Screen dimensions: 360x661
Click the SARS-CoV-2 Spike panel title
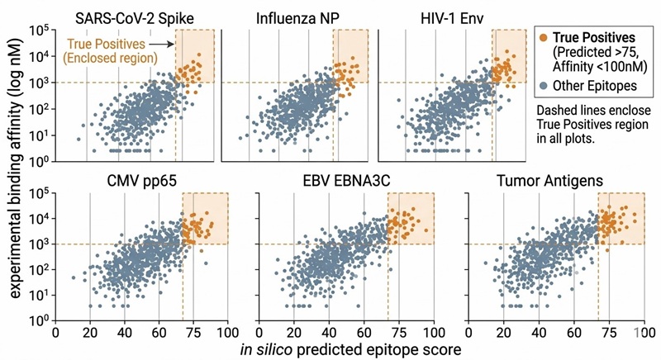pos(145,17)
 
